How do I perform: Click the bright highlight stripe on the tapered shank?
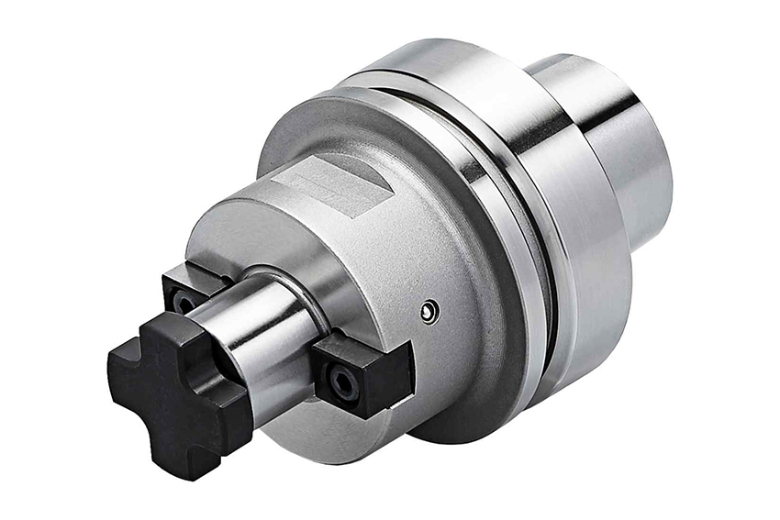[x=633, y=128]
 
